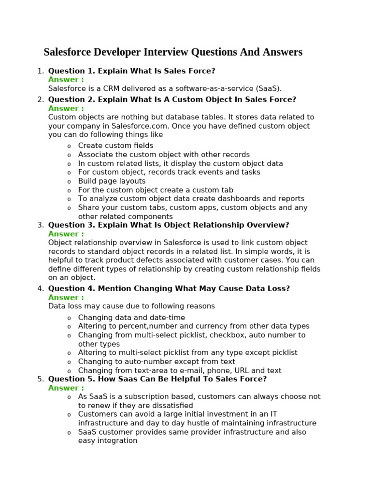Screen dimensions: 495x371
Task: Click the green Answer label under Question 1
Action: pyautogui.click(x=66, y=80)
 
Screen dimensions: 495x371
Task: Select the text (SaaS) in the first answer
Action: pyautogui.click(x=267, y=88)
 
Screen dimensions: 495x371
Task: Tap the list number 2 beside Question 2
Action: pyautogui.click(x=40, y=100)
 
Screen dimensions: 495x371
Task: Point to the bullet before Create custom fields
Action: pyautogui.click(x=69, y=146)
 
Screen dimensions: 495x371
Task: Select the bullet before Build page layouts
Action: pyautogui.click(x=69, y=182)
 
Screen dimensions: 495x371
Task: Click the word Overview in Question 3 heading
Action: pyautogui.click(x=268, y=225)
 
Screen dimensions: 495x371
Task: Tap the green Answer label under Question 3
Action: pyautogui.click(x=66, y=234)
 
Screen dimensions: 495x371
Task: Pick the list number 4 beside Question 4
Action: pyautogui.click(x=40, y=289)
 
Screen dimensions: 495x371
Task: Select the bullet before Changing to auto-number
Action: pyautogui.click(x=69, y=362)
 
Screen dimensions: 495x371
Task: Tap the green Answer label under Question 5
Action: pyautogui.click(x=66, y=388)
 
